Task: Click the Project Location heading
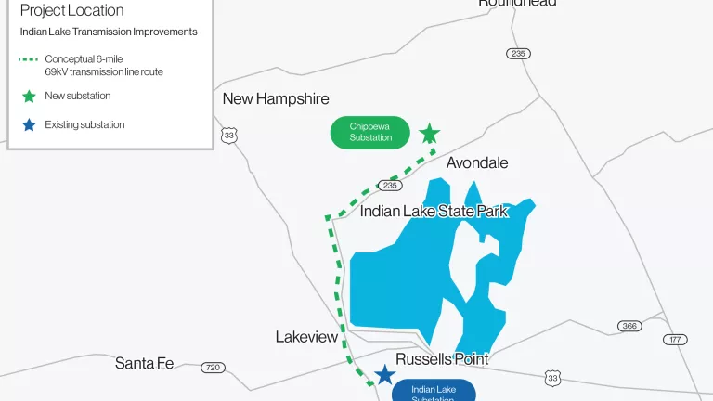(x=71, y=11)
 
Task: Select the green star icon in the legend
(x=29, y=96)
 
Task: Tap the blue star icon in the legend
(x=29, y=124)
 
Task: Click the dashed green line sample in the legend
(x=29, y=59)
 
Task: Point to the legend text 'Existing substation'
(x=84, y=124)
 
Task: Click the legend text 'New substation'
(x=77, y=96)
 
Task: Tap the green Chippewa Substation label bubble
(x=369, y=132)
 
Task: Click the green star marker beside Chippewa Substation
(x=429, y=135)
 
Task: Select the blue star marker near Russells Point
(x=384, y=375)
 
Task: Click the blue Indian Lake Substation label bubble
(x=433, y=391)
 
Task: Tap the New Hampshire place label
(x=276, y=98)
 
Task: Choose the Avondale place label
(x=477, y=162)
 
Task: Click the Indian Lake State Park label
(x=434, y=211)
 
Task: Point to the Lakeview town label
(x=306, y=337)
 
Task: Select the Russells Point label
(x=442, y=358)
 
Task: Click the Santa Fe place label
(x=144, y=363)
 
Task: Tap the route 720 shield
(x=213, y=368)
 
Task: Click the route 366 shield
(x=629, y=326)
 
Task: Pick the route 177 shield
(x=675, y=340)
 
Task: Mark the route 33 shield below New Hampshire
(x=229, y=136)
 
